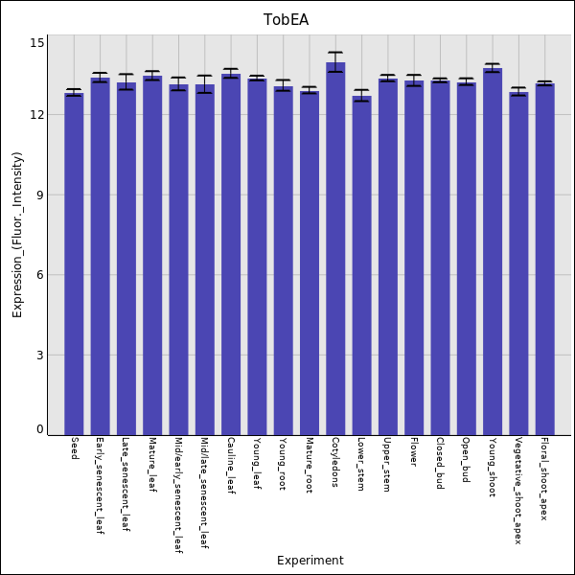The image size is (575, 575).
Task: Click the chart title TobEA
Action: pyautogui.click(x=287, y=20)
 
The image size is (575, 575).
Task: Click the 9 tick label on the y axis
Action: pyautogui.click(x=39, y=195)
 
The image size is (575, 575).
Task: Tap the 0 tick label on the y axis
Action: pyautogui.click(x=39, y=429)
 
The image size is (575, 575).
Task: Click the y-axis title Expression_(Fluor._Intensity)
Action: pyautogui.click(x=17, y=235)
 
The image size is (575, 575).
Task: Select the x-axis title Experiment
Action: pyautogui.click(x=310, y=561)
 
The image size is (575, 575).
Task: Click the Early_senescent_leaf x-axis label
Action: pyautogui.click(x=100, y=486)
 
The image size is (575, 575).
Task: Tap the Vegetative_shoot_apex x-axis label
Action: pyautogui.click(x=518, y=491)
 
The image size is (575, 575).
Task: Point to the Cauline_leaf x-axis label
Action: pyautogui.click(x=231, y=466)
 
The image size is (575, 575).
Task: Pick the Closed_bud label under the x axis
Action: pyautogui.click(x=440, y=464)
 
